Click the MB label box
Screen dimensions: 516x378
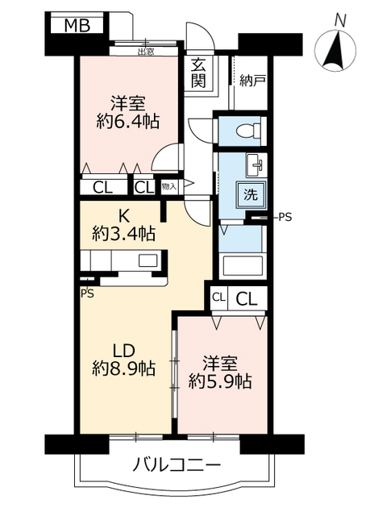point(77,26)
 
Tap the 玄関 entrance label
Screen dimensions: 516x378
point(198,73)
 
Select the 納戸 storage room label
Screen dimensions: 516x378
point(252,81)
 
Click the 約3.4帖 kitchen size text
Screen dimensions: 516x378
point(123,235)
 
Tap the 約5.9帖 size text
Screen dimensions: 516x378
point(220,382)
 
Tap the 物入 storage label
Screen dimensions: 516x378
point(168,186)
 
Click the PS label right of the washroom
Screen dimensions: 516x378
point(285,217)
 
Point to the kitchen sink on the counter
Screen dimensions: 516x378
point(149,260)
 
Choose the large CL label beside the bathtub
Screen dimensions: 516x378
point(247,298)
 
